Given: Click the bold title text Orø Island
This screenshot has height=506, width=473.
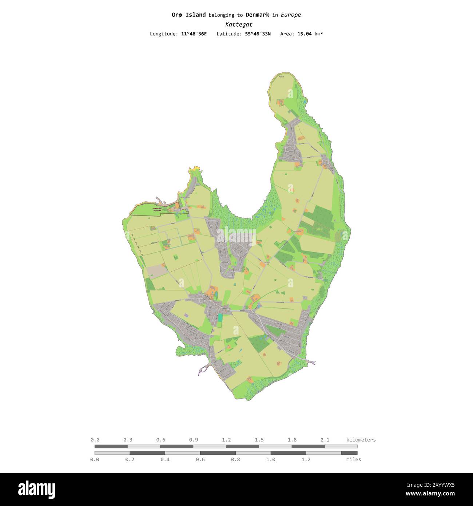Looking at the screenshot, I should (188, 15).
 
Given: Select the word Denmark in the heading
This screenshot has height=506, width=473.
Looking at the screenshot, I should (257, 15).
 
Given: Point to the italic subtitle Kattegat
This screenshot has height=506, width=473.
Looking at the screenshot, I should (239, 25).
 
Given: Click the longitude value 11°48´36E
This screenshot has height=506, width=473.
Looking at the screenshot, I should (194, 34).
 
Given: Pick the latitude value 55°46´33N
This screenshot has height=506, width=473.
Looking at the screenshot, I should (258, 34).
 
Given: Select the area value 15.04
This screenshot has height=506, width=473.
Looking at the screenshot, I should (304, 34).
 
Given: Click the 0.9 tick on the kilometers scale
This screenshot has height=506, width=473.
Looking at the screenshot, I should (193, 440).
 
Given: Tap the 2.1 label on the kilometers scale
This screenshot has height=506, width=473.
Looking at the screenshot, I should (325, 440).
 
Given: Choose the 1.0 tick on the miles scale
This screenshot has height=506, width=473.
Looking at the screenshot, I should (271, 459).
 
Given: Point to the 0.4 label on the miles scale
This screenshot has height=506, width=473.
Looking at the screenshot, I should (165, 459).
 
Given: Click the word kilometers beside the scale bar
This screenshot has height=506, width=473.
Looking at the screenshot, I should (361, 440).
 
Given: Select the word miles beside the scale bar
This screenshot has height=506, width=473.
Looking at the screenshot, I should (354, 459).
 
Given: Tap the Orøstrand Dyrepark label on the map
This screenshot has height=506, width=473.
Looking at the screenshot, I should (157, 210).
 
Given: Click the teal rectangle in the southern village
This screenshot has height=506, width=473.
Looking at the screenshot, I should (220, 317).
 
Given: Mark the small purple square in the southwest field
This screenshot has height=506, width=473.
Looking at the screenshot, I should (186, 315).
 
